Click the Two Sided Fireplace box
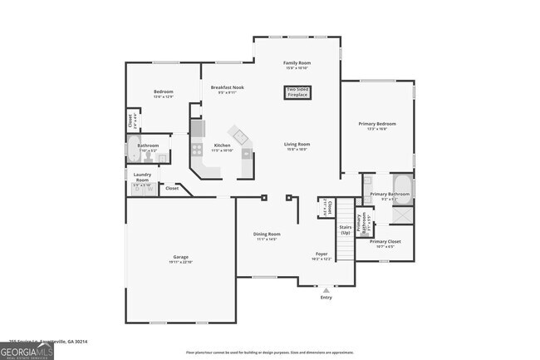(297, 92)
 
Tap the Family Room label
(297, 62)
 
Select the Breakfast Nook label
(227, 87)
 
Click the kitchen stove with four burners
(198, 150)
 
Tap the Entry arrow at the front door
(325, 290)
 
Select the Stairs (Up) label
(345, 229)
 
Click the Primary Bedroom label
(376, 124)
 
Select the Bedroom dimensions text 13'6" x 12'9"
(163, 97)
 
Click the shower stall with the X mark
(402, 214)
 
